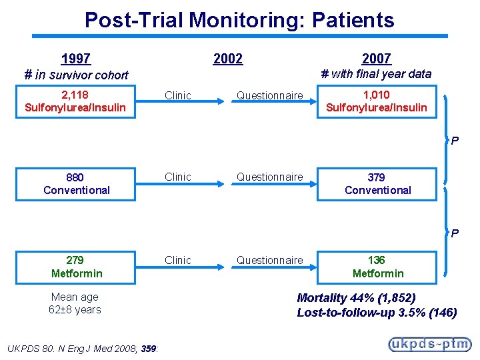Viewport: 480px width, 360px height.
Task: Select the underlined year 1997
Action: coord(75,59)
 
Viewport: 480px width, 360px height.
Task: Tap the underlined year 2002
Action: coord(228,59)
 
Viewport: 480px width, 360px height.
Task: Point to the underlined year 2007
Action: coord(376,59)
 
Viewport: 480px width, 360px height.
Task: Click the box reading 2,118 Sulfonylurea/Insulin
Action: coord(75,101)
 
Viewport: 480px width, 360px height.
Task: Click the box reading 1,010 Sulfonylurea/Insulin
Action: coord(377,101)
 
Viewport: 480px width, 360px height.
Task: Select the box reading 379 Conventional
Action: coord(377,184)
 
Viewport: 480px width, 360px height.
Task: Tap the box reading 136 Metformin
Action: coord(377,267)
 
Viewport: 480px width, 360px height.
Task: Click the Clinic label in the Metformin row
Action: coord(177,260)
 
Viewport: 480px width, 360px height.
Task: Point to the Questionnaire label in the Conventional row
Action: coord(269,177)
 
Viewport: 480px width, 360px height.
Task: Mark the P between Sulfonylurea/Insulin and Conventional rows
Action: coord(455,141)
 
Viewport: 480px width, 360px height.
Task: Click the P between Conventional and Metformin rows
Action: coord(455,233)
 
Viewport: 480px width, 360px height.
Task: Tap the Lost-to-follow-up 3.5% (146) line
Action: coord(377,312)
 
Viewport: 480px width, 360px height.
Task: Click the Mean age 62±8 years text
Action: coord(75,303)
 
